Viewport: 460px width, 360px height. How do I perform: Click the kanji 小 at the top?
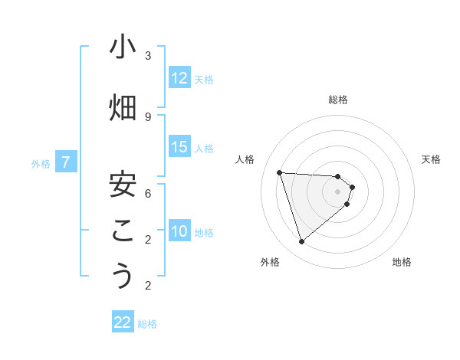click(x=123, y=47)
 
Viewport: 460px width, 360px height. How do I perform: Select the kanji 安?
click(x=123, y=185)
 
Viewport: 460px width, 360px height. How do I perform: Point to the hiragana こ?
click(x=123, y=231)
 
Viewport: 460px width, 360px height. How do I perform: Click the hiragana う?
click(x=123, y=277)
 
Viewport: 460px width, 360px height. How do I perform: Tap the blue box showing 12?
click(x=179, y=78)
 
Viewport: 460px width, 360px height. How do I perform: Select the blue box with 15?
click(x=179, y=147)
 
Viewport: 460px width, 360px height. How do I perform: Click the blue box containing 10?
click(x=179, y=232)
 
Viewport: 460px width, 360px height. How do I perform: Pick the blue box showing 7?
click(x=67, y=162)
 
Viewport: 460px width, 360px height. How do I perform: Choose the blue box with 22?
click(x=123, y=322)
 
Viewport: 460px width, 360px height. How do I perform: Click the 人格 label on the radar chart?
click(x=245, y=159)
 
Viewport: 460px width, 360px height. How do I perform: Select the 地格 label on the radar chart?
click(x=402, y=262)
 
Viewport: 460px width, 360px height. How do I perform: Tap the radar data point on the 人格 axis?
click(x=280, y=172)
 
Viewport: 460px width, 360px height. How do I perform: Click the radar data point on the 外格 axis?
click(x=301, y=242)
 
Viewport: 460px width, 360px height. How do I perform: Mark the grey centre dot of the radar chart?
click(x=337, y=191)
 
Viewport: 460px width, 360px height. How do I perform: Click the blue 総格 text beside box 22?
click(x=147, y=323)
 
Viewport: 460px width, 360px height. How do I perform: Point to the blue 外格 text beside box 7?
click(x=41, y=163)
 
